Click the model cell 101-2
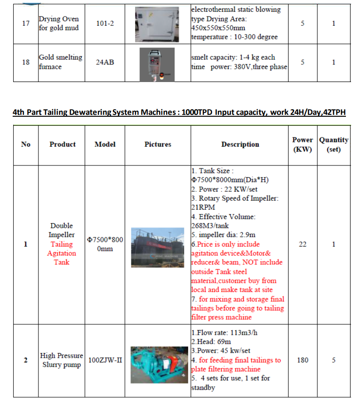105,23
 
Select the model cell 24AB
105,62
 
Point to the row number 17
26,23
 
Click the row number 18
26,62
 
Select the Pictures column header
158,144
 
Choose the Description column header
240,144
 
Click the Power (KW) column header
303,144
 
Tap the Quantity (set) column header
334,144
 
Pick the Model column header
105,144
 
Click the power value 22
303,244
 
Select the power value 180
303,360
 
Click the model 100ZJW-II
105,360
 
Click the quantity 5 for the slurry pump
334,360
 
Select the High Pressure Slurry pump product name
61,360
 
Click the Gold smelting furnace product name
60,62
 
